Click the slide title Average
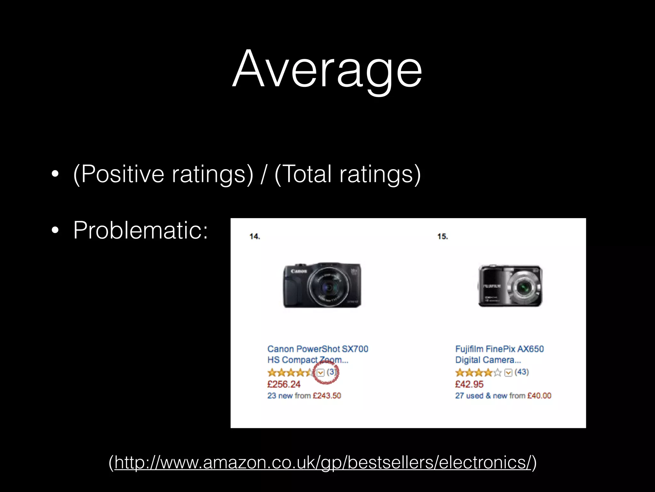tap(327, 69)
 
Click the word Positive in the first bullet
tap(123, 174)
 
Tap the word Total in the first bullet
tap(307, 174)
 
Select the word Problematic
tap(140, 230)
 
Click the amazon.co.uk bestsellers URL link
tap(322, 462)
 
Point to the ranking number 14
tap(255, 236)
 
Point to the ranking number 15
tap(443, 236)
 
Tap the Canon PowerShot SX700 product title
tap(318, 354)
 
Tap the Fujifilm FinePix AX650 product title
tap(499, 354)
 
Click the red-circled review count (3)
tap(331, 372)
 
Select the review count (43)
tap(522, 372)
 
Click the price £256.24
tap(284, 384)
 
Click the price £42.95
tap(469, 384)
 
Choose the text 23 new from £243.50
tap(304, 396)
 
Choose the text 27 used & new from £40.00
tap(503, 396)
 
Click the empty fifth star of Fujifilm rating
tap(497, 373)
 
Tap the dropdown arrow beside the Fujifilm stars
tap(508, 373)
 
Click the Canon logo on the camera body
tap(299, 271)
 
